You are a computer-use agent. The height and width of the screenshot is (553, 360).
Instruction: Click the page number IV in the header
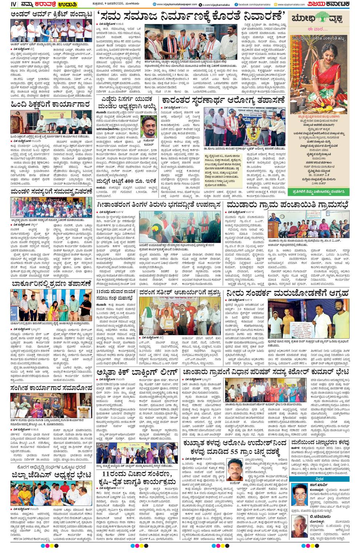[x=13, y=4]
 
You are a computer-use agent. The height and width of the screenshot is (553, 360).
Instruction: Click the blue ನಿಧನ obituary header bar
[x=320, y=479]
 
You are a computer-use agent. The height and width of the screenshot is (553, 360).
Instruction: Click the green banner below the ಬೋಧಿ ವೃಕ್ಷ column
[x=320, y=191]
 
